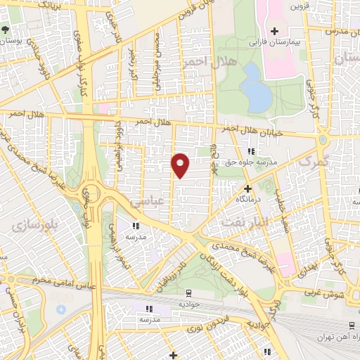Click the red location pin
click(181, 165)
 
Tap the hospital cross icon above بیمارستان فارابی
click(275, 31)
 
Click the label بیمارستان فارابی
click(273, 42)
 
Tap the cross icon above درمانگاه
click(247, 188)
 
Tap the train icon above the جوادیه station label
click(188, 292)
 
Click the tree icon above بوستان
click(6, 30)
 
